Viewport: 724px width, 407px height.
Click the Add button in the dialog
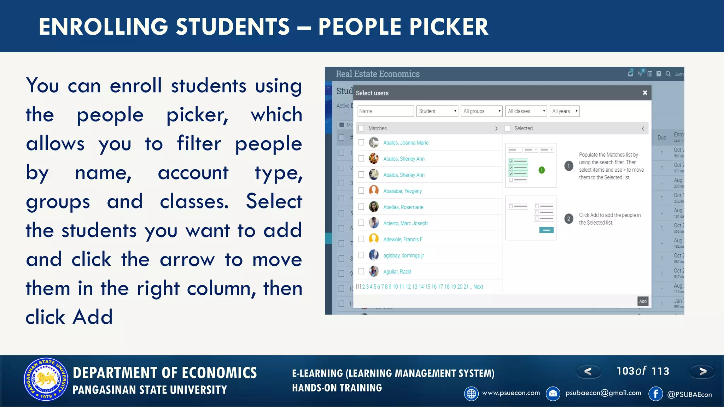(643, 301)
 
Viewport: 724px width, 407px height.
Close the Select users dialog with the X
(645, 93)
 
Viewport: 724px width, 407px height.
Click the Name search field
(385, 111)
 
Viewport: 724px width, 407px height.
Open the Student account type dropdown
(437, 111)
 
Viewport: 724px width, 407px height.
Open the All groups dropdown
(481, 111)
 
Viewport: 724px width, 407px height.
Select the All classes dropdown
(526, 111)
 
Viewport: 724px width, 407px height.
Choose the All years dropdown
(565, 111)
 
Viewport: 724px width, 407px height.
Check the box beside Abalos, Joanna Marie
(361, 142)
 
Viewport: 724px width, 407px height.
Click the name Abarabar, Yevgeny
(402, 191)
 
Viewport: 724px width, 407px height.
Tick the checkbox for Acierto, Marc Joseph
(361, 223)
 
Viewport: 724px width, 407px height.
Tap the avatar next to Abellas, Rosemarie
(374, 207)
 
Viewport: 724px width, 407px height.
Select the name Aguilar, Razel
(397, 272)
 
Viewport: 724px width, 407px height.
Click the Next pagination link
(478, 287)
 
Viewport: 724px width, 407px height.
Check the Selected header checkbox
(508, 128)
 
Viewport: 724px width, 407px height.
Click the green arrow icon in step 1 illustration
(542, 170)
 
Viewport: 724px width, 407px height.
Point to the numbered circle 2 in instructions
(569, 219)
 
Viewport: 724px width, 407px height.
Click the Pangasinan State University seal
(46, 379)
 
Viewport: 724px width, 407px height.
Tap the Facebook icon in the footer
(656, 394)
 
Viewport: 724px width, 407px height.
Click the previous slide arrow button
(588, 371)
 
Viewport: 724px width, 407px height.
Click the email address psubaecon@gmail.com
(603, 393)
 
